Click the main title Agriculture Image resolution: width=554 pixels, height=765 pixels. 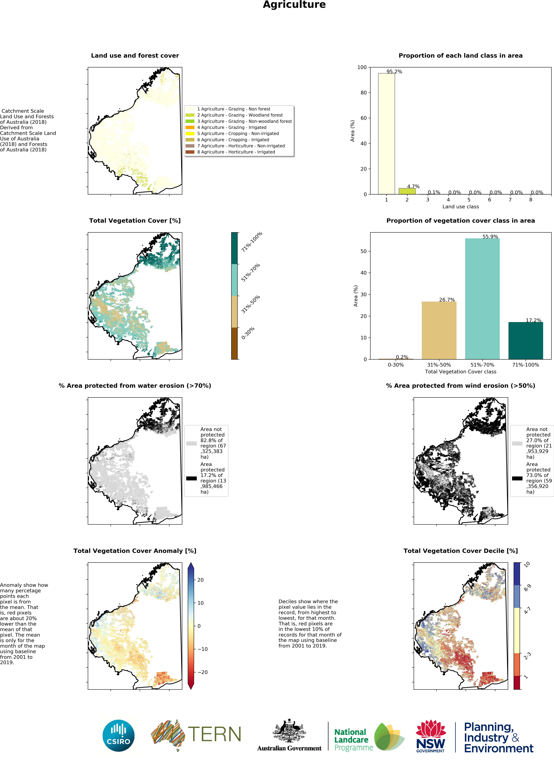294,5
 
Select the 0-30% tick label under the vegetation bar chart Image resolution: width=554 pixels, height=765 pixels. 396,365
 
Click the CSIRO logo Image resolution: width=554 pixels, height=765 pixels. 118,736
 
